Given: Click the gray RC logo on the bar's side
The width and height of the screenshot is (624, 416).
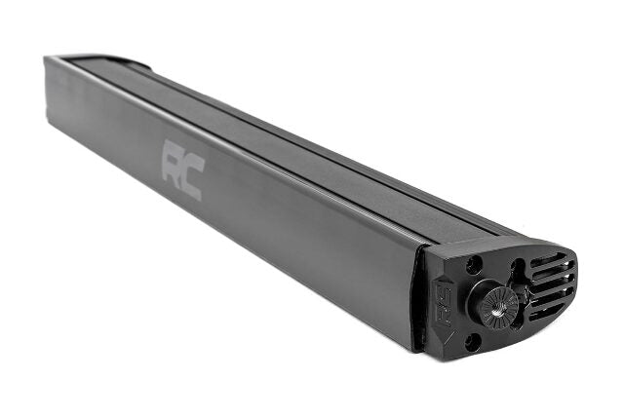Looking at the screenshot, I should pos(181,169).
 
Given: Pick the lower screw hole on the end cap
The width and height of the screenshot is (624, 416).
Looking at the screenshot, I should pos(473,341).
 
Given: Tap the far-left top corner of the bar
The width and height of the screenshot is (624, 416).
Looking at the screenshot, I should pos(48,57).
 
